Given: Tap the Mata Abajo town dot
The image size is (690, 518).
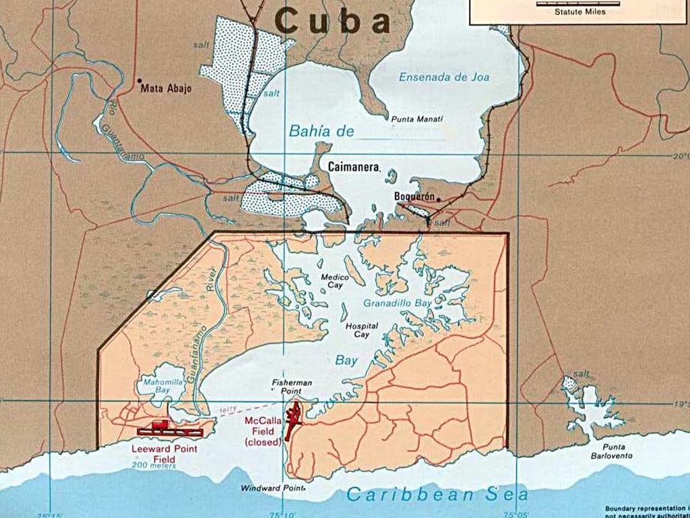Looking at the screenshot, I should pyautogui.click(x=139, y=79).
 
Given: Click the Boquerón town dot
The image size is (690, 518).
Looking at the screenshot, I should pyautogui.click(x=438, y=199).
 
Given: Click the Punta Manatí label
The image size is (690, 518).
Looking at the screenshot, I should pyautogui.click(x=417, y=119).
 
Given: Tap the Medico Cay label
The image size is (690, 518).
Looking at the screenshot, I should pyautogui.click(x=334, y=281).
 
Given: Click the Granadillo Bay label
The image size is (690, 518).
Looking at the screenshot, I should pyautogui.click(x=398, y=304).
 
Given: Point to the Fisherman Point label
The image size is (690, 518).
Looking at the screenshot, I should pyautogui.click(x=292, y=386).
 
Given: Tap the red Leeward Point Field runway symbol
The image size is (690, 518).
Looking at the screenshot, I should pyautogui.click(x=169, y=429).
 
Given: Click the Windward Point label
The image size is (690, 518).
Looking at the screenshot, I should pyautogui.click(x=266, y=488).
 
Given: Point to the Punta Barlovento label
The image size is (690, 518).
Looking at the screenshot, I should pyautogui.click(x=608, y=451).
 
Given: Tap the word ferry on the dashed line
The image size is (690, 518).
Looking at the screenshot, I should pyautogui.click(x=228, y=409).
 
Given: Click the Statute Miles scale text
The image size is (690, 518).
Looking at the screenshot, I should pyautogui.click(x=579, y=11).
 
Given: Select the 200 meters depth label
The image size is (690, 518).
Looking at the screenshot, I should pyautogui.click(x=154, y=465).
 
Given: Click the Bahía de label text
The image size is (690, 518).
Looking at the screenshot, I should pyautogui.click(x=321, y=132).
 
